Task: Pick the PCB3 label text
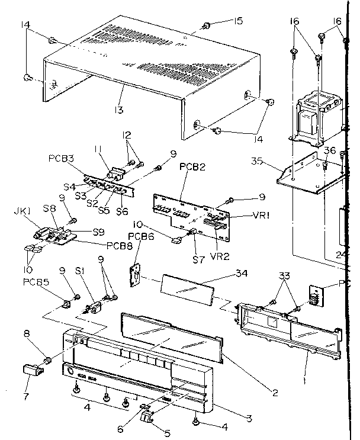pos(62,159)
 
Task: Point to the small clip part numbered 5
pos(147,419)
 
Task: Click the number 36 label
pos(330,150)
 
